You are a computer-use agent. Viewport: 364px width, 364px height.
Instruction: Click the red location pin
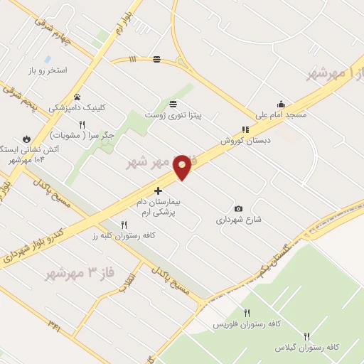(x=182, y=166)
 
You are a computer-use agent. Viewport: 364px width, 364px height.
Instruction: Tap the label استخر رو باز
(x=47, y=71)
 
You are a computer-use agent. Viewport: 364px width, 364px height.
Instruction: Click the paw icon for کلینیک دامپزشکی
(x=77, y=97)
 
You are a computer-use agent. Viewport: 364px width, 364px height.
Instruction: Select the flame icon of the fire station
(x=27, y=138)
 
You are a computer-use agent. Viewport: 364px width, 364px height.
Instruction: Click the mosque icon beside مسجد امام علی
(x=282, y=103)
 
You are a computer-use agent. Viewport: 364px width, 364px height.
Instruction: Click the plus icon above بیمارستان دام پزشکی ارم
(x=158, y=191)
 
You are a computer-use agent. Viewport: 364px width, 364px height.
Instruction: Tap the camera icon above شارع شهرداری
(x=238, y=208)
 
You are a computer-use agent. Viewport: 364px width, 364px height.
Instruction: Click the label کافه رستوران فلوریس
(x=247, y=324)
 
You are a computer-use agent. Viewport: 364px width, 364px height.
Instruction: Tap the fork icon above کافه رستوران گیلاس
(x=307, y=336)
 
